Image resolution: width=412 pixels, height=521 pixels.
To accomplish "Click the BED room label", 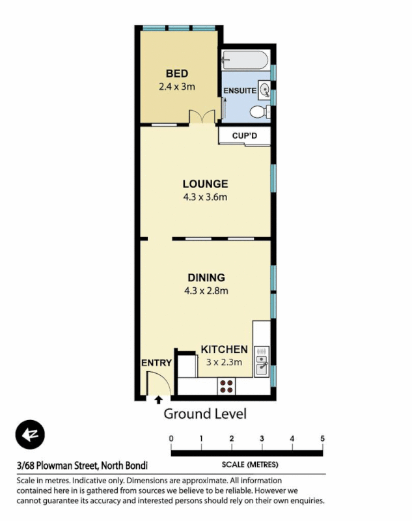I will click(176, 74).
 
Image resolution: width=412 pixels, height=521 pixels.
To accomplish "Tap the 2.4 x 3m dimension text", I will click(176, 86).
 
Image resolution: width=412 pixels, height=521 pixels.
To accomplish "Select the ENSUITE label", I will click(239, 91).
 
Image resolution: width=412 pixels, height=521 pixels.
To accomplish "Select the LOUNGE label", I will click(205, 184).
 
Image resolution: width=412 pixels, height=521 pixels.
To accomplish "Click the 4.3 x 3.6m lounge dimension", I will click(205, 197).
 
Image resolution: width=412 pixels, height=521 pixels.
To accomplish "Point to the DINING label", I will click(206, 277).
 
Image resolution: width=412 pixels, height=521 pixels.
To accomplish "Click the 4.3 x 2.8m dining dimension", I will click(206, 290).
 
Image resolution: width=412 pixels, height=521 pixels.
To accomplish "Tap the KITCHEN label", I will click(224, 349).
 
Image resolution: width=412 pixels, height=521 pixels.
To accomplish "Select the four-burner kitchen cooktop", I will click(226, 386).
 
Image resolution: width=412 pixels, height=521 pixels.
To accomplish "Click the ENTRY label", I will click(156, 363).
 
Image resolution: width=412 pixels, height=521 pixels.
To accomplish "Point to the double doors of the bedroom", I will click(202, 117).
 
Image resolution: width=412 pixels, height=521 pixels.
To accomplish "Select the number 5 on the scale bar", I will click(322, 438).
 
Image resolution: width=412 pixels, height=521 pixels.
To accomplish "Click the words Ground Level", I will click(204, 414).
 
